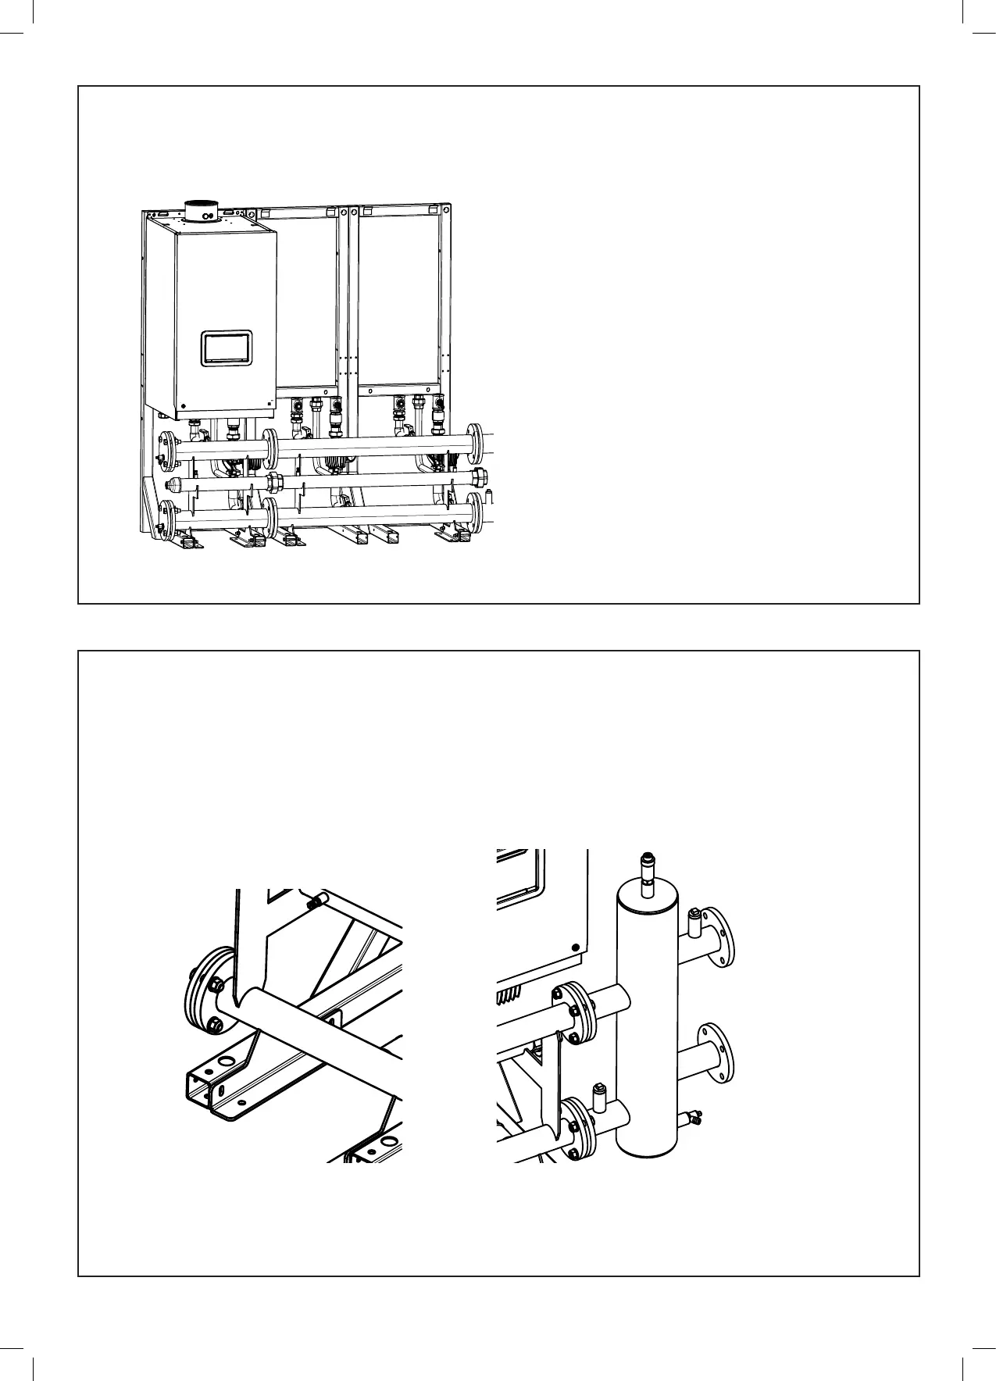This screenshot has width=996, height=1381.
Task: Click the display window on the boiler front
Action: pyautogui.click(x=227, y=348)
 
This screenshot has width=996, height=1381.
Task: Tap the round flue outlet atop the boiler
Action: pyautogui.click(x=205, y=212)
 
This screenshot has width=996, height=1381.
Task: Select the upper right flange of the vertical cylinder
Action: pyautogui.click(x=719, y=936)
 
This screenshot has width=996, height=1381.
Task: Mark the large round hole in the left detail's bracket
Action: pyautogui.click(x=227, y=1062)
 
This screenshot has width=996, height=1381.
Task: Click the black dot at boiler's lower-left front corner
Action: pyautogui.click(x=184, y=406)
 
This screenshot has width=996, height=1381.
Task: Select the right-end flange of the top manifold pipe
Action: pyautogui.click(x=474, y=443)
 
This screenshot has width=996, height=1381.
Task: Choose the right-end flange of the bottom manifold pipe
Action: pyautogui.click(x=474, y=512)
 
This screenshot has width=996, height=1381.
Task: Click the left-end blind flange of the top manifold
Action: pyautogui.click(x=166, y=452)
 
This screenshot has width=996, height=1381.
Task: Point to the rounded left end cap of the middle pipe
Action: pyautogui.click(x=175, y=486)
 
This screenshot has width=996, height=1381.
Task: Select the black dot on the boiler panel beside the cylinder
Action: pyautogui.click(x=576, y=947)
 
